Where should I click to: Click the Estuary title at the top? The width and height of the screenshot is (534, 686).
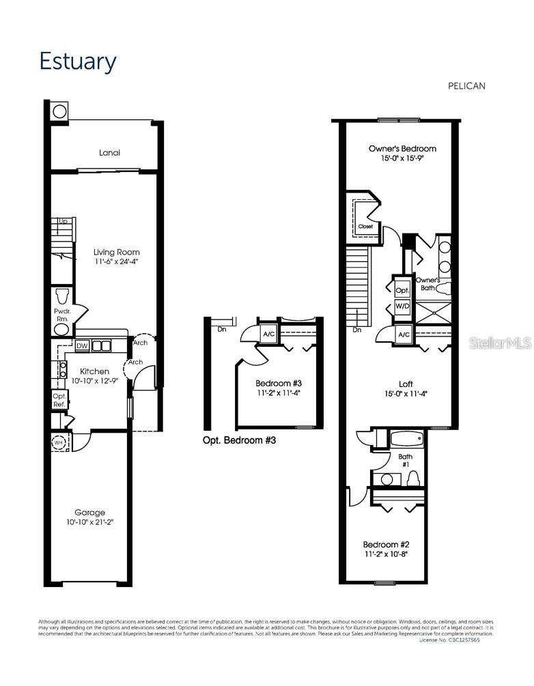click(77, 61)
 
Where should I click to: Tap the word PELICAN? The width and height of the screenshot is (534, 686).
click(466, 86)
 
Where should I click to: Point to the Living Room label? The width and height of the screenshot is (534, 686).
click(117, 252)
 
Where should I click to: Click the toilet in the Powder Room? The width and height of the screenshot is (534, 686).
click(62, 296)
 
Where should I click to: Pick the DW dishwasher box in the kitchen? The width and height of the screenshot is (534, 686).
click(82, 346)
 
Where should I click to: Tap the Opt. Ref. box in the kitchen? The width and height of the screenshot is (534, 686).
click(59, 400)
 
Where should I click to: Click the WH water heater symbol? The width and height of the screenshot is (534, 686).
click(59, 442)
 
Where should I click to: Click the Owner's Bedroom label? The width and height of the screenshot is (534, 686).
click(402, 148)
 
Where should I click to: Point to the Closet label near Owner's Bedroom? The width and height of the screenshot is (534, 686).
click(366, 226)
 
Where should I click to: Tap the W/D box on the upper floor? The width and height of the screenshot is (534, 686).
click(402, 306)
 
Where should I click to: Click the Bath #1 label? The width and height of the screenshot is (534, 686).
click(405, 460)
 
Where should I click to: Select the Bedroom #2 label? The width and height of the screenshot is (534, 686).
click(386, 544)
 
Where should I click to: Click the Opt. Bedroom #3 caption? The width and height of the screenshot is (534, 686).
click(239, 441)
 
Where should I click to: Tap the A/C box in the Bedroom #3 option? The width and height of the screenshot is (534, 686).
click(268, 333)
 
